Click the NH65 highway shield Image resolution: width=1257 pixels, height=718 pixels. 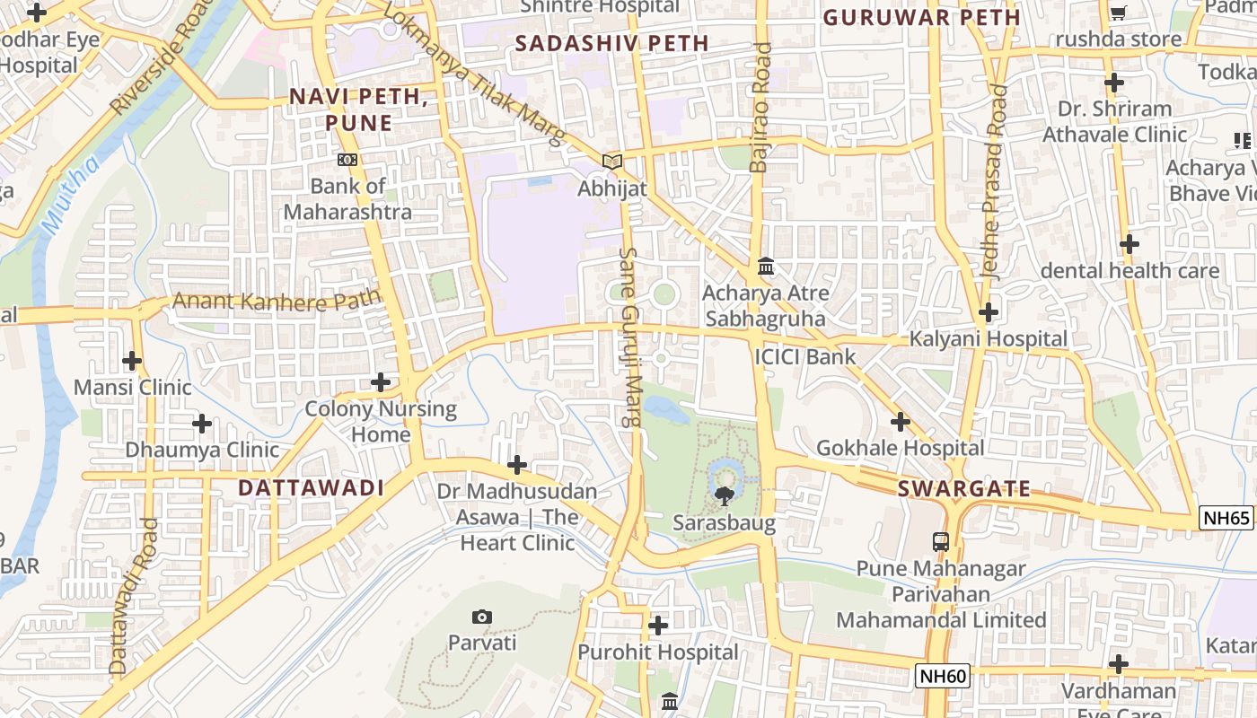click(x=1226, y=518)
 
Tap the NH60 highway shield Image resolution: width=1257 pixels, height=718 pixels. click(x=943, y=676)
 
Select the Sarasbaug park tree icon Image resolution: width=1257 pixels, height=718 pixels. click(x=724, y=495)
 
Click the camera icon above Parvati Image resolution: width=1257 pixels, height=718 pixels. click(x=482, y=617)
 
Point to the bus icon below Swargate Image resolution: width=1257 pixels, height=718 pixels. click(x=941, y=541)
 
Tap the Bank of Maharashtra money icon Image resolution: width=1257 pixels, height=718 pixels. click(x=347, y=160)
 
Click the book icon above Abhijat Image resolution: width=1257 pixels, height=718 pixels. click(x=612, y=162)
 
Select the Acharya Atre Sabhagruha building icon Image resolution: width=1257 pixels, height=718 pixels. click(x=766, y=267)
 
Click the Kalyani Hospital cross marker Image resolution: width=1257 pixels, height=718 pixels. click(x=989, y=313)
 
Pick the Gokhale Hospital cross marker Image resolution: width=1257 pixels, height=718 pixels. click(x=901, y=422)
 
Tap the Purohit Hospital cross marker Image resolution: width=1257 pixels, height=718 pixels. click(x=658, y=626)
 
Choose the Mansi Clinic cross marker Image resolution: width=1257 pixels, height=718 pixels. click(x=132, y=362)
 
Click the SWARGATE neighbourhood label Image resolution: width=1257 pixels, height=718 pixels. click(x=964, y=489)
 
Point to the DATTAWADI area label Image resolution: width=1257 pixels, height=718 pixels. click(x=311, y=488)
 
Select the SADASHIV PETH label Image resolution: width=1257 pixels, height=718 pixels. click(x=612, y=43)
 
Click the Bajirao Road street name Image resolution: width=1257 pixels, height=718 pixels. click(x=760, y=108)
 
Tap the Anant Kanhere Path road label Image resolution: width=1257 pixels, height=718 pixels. click(x=277, y=300)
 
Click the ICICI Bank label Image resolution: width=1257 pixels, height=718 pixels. click(x=805, y=357)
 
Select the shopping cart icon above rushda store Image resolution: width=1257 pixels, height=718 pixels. click(x=1118, y=13)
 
